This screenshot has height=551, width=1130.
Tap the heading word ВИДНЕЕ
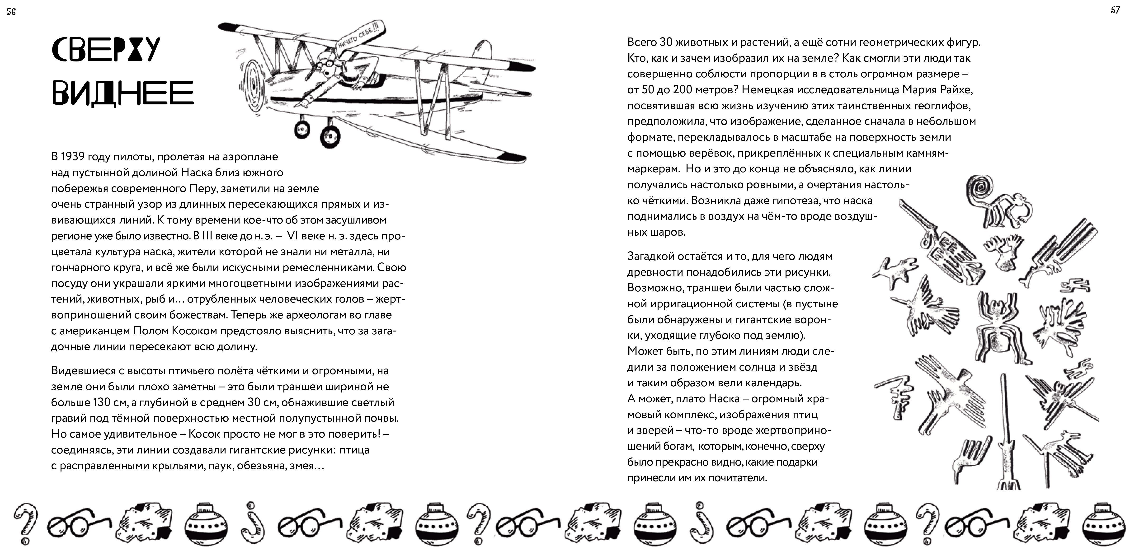click(x=122, y=93)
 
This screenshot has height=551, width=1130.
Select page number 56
click(x=11, y=12)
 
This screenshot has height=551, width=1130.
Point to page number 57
click(x=1115, y=10)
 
